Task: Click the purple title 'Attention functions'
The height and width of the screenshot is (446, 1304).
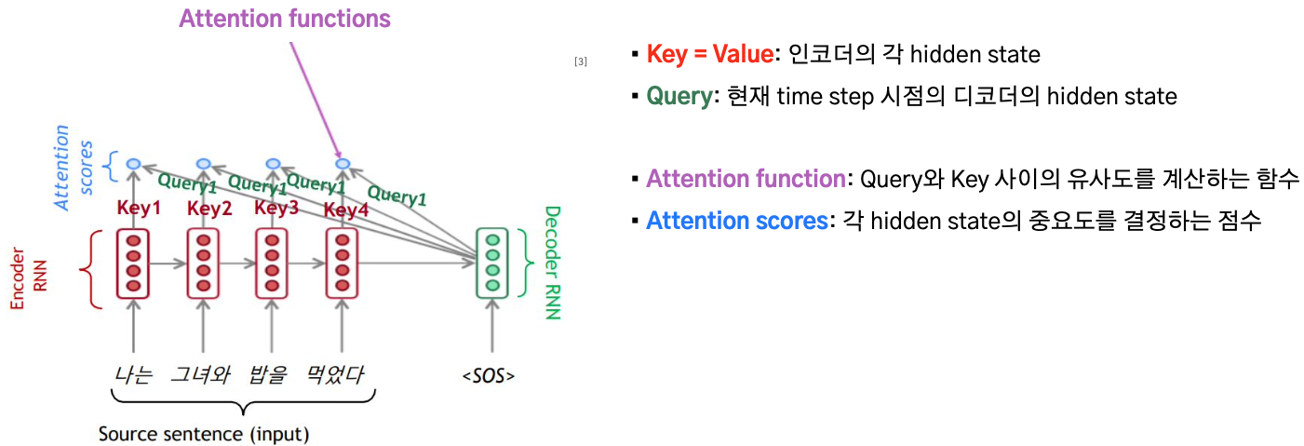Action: point(284,19)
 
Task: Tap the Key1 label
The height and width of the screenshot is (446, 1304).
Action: point(139,208)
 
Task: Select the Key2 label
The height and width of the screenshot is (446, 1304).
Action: point(209,208)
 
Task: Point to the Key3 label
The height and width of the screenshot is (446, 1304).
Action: point(276,208)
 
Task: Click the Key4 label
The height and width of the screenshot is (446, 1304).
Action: point(346,209)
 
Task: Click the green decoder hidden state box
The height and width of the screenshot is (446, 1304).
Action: point(492,264)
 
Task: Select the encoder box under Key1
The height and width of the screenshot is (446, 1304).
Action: point(133,264)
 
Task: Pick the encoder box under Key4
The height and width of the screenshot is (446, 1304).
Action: point(343,264)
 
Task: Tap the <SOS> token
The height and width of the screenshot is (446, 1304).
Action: point(489,375)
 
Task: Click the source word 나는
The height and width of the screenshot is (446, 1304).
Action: point(133,374)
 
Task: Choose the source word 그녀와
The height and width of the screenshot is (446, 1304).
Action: point(200,374)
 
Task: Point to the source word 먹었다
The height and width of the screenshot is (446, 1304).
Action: point(335,374)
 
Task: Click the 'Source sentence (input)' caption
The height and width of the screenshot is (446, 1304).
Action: point(204,434)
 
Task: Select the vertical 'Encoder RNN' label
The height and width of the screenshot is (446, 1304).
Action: point(28,278)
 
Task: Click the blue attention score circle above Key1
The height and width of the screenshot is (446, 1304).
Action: point(133,164)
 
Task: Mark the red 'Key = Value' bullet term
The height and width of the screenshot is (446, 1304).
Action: point(710,54)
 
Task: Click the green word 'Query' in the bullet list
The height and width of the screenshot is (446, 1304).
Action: point(679,96)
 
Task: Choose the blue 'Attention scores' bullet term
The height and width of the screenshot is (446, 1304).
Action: point(737,221)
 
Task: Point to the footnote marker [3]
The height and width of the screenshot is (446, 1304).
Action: point(581,61)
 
